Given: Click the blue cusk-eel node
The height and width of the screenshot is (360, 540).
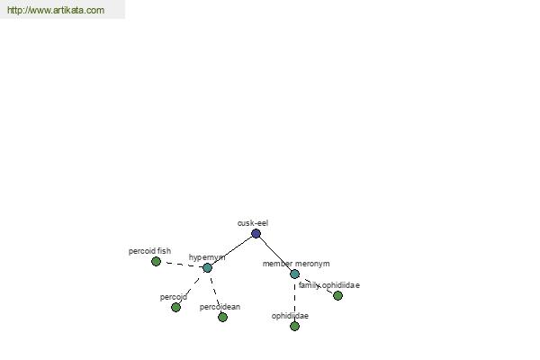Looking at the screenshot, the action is pyautogui.click(x=256, y=234).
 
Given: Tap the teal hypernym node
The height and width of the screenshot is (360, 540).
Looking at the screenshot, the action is pyautogui.click(x=207, y=267).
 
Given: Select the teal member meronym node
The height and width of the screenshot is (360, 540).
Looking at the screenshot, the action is pyautogui.click(x=295, y=274).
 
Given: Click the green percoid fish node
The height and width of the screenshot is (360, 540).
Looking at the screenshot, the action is pyautogui.click(x=156, y=262).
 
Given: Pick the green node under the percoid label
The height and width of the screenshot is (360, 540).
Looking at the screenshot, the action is pyautogui.click(x=176, y=307).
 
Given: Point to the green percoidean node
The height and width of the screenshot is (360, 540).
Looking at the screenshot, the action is pyautogui.click(x=223, y=318).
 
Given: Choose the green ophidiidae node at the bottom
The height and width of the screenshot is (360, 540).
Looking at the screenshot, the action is pyautogui.click(x=295, y=326).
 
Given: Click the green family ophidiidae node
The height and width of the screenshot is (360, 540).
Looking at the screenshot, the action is pyautogui.click(x=337, y=295).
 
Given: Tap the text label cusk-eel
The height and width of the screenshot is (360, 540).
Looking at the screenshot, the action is pyautogui.click(x=253, y=223).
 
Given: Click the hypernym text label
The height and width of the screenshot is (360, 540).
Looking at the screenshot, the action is pyautogui.click(x=207, y=257).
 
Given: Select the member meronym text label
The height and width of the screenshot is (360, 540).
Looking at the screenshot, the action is pyautogui.click(x=296, y=264).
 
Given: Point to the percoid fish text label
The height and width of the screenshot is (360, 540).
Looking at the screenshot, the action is pyautogui.click(x=149, y=251).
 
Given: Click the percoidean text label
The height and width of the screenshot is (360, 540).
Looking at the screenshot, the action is pyautogui.click(x=220, y=307).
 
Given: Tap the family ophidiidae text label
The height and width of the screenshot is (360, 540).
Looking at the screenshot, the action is pyautogui.click(x=329, y=285).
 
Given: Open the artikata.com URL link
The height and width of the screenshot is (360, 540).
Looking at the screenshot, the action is pyautogui.click(x=56, y=10).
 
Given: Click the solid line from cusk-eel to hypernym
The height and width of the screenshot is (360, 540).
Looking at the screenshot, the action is pyautogui.click(x=231, y=251).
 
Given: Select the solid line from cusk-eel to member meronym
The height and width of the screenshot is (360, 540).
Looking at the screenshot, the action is pyautogui.click(x=275, y=254).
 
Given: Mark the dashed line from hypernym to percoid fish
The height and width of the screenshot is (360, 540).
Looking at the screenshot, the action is pyautogui.click(x=182, y=265).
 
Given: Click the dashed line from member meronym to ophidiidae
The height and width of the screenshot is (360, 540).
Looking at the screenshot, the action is pyautogui.click(x=295, y=300).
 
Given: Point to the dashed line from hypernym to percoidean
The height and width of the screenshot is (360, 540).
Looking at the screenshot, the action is pyautogui.click(x=215, y=292).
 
